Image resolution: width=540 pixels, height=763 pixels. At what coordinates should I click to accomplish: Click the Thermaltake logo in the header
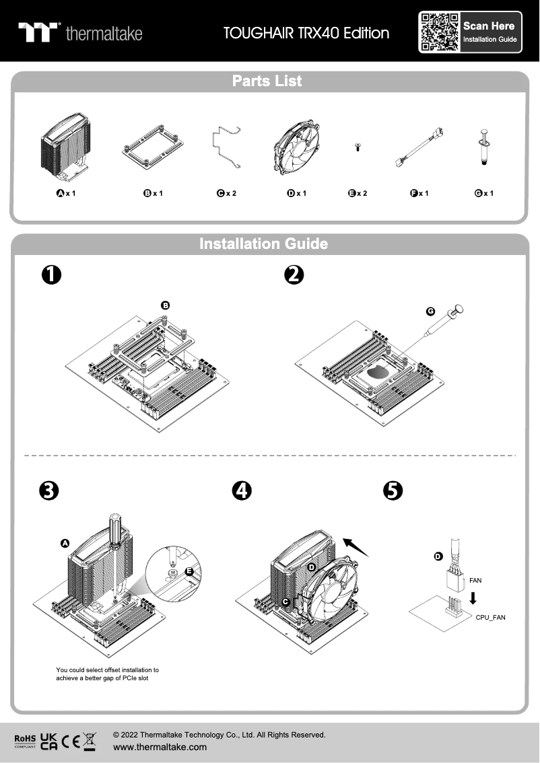[80, 32]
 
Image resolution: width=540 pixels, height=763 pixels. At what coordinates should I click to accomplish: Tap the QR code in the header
[440, 32]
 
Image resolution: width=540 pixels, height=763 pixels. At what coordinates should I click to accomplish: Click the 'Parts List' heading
[267, 81]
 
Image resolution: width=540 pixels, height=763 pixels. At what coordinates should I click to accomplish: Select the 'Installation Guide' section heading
[264, 244]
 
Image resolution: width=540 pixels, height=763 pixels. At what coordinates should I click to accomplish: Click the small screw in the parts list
[358, 147]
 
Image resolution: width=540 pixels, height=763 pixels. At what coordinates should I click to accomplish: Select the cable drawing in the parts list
[419, 149]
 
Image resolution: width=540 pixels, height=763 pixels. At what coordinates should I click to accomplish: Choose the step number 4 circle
[240, 490]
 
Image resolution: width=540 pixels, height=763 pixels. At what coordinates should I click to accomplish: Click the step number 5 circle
[392, 490]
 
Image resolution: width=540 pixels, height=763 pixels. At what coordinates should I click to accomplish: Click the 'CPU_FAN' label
[490, 617]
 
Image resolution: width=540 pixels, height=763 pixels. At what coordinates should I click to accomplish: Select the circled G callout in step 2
[431, 312]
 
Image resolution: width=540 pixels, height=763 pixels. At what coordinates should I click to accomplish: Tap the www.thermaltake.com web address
[160, 747]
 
